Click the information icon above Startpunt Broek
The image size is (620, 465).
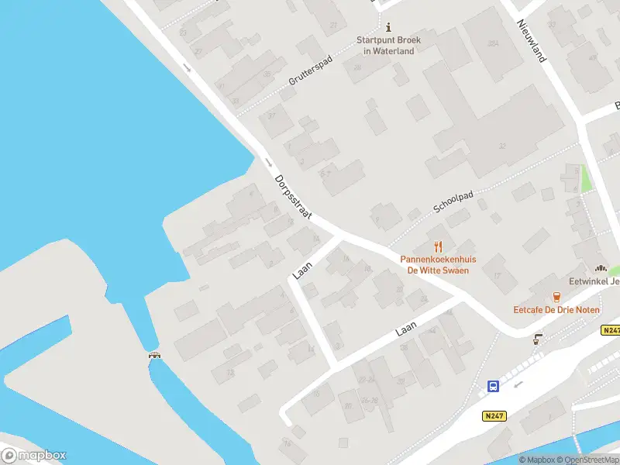[388, 27]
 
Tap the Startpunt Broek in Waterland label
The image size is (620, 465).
[389, 46]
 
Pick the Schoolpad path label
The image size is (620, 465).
[453, 203]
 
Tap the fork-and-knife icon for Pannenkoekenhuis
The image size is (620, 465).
[439, 246]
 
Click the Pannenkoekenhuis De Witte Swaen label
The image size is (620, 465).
[438, 265]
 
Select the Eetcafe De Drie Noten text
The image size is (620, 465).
[556, 309]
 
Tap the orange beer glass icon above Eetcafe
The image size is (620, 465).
[556, 297]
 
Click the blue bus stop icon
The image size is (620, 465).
[492, 386]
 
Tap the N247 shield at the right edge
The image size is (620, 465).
[611, 330]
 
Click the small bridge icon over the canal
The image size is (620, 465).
[155, 356]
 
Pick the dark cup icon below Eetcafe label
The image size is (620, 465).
[537, 339]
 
